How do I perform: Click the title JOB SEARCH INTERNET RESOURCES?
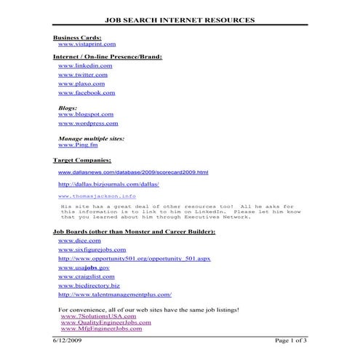pyautogui.click(x=180, y=20)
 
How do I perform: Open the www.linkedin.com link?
pyautogui.click(x=84, y=65)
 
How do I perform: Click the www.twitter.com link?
pyautogui.click(x=82, y=75)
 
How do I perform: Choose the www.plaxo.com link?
pyautogui.click(x=81, y=84)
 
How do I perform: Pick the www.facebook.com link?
pyautogui.click(x=86, y=93)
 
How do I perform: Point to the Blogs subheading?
pyautogui.click(x=67, y=108)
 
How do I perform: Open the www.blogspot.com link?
pyautogui.click(x=85, y=114)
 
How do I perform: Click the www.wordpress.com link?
pyautogui.click(x=87, y=124)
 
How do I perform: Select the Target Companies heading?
pyautogui.click(x=82, y=159)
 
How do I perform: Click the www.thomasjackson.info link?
pyautogui.click(x=97, y=196)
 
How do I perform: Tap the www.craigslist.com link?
pyautogui.click(x=87, y=277)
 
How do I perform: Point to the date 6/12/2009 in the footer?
pyautogui.click(x=69, y=340)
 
